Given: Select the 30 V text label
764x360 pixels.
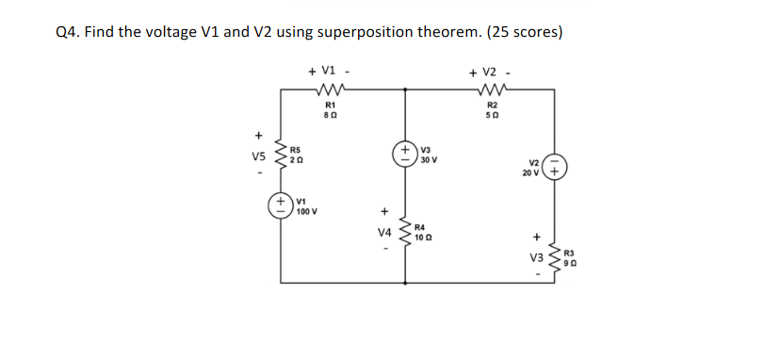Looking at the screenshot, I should (x=429, y=161).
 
